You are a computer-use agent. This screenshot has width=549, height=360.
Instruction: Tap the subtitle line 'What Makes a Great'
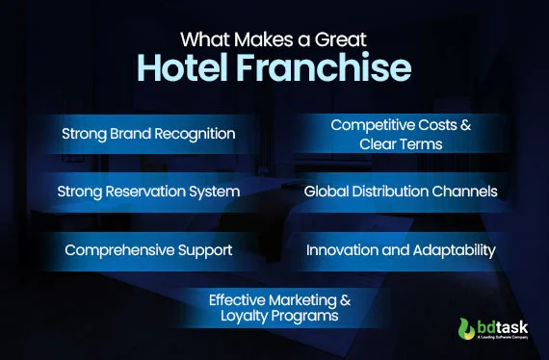(x=274, y=39)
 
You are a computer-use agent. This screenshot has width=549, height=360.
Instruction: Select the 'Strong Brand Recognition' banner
(x=148, y=134)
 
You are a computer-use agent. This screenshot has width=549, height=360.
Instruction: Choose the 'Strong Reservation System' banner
(x=148, y=192)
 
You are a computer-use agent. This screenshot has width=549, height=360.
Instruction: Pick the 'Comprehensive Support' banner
(x=148, y=250)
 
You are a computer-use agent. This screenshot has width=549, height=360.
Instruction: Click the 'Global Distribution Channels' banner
(x=401, y=192)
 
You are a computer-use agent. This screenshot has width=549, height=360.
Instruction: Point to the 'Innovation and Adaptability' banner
(x=401, y=250)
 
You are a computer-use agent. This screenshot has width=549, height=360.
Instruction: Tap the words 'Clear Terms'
(x=401, y=142)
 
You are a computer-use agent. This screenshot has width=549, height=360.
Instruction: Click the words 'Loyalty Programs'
(x=274, y=316)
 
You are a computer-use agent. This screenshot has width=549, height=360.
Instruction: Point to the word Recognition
(x=193, y=134)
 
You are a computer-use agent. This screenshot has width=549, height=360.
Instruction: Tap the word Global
(x=326, y=192)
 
